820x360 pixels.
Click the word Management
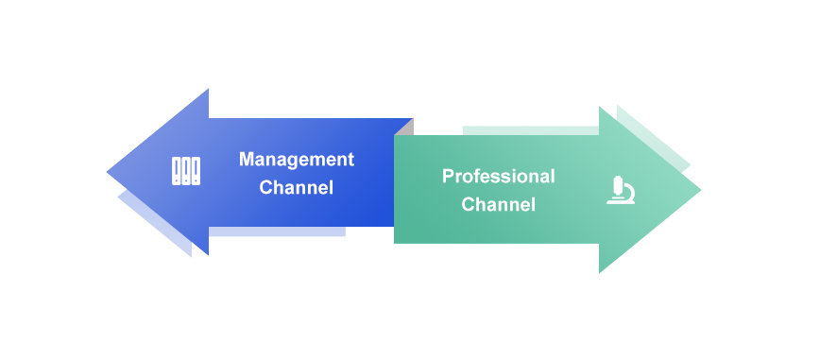297,160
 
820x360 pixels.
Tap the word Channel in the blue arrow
297,187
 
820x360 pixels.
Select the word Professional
499,177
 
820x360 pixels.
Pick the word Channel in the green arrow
499,204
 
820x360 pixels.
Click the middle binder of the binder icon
186,171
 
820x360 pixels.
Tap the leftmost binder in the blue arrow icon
177,171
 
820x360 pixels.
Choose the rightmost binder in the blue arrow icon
196,171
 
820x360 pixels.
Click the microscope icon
621,191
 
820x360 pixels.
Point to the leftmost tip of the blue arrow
107,172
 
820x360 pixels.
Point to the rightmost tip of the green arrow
701,190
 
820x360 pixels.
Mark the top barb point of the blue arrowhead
209,89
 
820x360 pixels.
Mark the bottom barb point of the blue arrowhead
209,255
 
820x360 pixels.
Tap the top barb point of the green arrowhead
599,107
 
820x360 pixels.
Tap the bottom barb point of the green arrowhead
599,273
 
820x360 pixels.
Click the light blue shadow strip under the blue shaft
277,231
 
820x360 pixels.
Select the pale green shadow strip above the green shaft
531,130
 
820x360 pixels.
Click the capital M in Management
247,159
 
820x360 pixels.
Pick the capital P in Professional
448,176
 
